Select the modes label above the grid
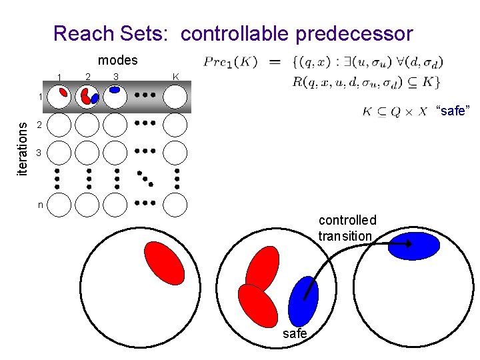point(117,60)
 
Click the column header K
point(175,77)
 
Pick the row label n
point(40,205)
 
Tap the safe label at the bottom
point(295,333)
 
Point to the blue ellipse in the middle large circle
point(303,301)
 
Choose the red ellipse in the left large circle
point(165,262)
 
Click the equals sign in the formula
point(274,62)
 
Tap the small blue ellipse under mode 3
point(115,88)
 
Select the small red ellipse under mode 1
point(63,93)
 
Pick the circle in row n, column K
point(175,205)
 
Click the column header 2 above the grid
point(87,75)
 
